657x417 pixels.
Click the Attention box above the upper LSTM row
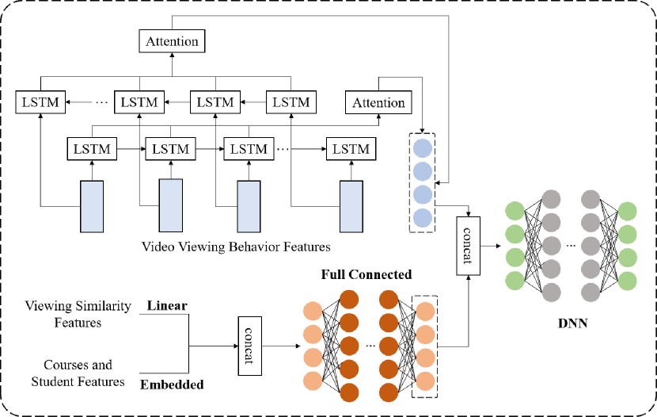(x=173, y=40)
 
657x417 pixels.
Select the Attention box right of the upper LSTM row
(x=378, y=103)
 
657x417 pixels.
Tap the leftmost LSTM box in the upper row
(x=40, y=102)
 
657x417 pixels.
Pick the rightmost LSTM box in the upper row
(x=291, y=102)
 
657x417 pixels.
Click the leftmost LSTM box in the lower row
(x=93, y=148)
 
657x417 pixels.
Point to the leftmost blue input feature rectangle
(x=93, y=205)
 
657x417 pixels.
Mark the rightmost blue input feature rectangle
(x=352, y=205)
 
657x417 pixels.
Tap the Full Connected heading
(x=366, y=275)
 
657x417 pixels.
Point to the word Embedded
(x=172, y=385)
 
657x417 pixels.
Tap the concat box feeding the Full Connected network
(x=250, y=346)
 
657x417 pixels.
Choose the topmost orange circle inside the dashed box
(x=425, y=311)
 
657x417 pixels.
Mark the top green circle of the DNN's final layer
(x=629, y=212)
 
